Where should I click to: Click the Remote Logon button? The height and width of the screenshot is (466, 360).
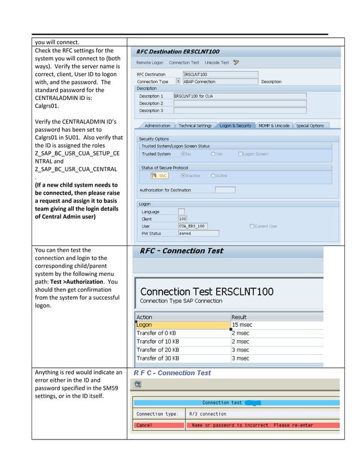150,63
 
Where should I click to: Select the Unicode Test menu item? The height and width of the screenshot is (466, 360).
217,63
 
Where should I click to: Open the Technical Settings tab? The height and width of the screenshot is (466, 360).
195,126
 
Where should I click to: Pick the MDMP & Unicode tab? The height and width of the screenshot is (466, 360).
274,126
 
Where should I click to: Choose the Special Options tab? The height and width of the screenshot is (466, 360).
310,126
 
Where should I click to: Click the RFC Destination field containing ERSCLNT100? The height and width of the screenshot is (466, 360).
220,74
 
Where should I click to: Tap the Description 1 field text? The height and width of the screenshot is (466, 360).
239,96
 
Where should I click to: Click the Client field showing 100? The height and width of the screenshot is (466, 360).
182,218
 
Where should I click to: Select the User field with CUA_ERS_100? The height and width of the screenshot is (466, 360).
192,226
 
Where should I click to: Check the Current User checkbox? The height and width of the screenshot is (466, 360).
252,226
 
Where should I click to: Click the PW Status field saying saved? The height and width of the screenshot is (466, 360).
198,233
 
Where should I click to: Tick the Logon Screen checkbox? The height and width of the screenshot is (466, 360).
241,153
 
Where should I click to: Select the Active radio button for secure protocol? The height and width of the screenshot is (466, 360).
213,175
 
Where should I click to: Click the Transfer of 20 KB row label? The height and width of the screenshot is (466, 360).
158,350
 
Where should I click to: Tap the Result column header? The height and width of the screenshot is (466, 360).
239,317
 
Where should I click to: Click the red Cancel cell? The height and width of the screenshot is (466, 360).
160,425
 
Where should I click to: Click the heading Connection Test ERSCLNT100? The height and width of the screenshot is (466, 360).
207,292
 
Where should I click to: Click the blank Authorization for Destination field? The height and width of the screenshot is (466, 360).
225,190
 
